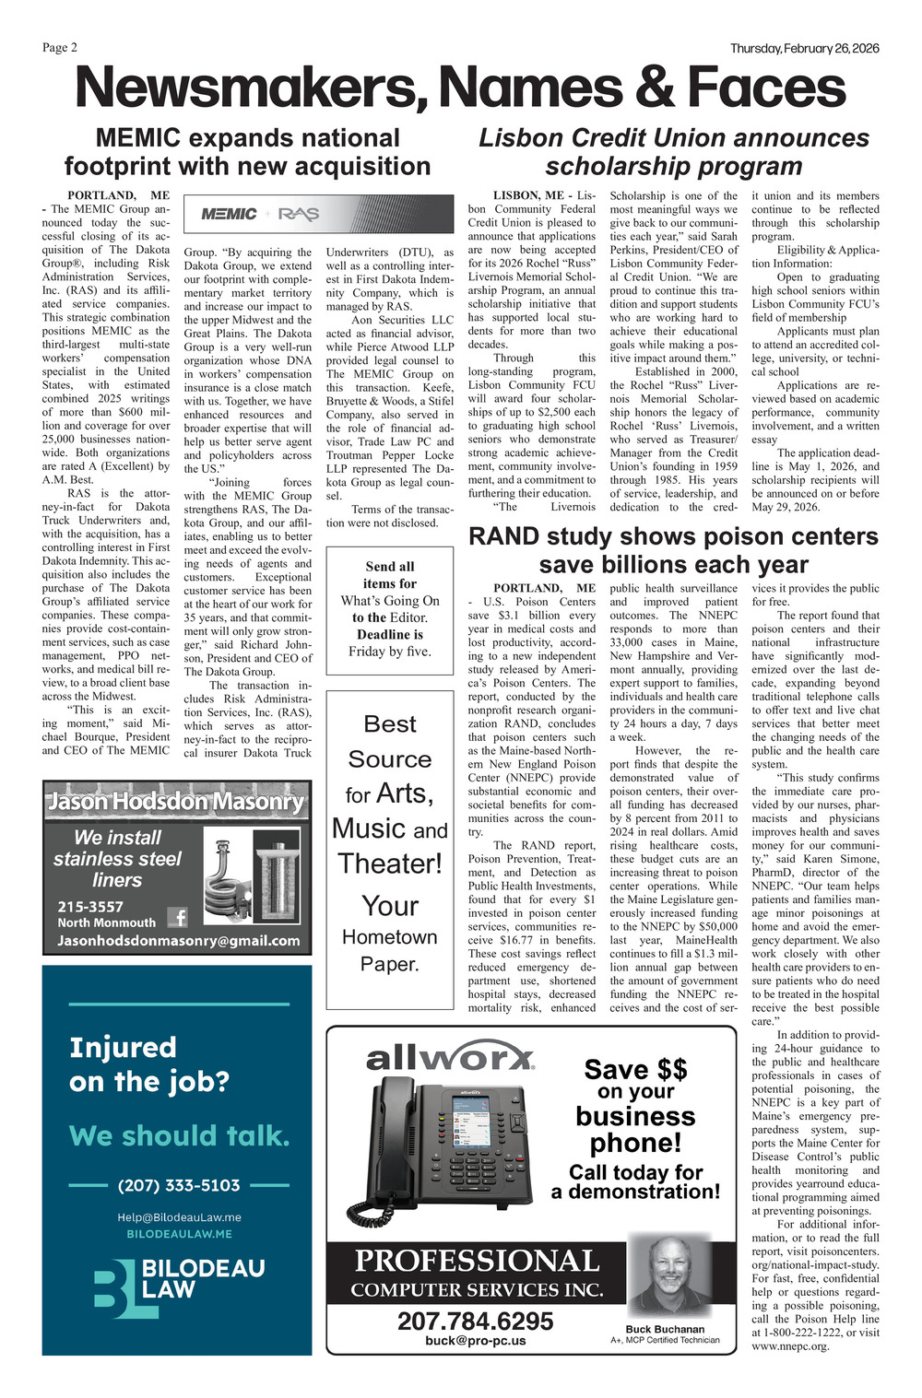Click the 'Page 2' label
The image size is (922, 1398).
coord(60,48)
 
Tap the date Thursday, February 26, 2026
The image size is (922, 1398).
coord(804,48)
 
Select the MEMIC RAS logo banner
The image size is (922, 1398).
coord(260,214)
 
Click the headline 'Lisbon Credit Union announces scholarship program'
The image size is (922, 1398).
coord(673,152)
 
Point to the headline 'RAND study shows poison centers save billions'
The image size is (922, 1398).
coord(673,550)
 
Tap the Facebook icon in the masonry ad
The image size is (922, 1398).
coord(177,917)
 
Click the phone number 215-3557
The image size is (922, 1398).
coord(90,906)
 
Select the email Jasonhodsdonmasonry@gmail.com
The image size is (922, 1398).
coord(178,941)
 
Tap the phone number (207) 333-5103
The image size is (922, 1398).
coord(179,1185)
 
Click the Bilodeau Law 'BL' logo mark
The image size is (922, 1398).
coord(115,1284)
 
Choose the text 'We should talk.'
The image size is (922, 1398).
coord(179,1135)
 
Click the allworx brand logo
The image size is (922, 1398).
coord(450,1057)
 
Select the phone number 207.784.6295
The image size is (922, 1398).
coord(475,1321)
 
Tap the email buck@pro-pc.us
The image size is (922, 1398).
coord(475,1341)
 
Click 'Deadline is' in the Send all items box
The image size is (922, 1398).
coord(390,634)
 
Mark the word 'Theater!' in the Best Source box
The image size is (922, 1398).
coord(390,863)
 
